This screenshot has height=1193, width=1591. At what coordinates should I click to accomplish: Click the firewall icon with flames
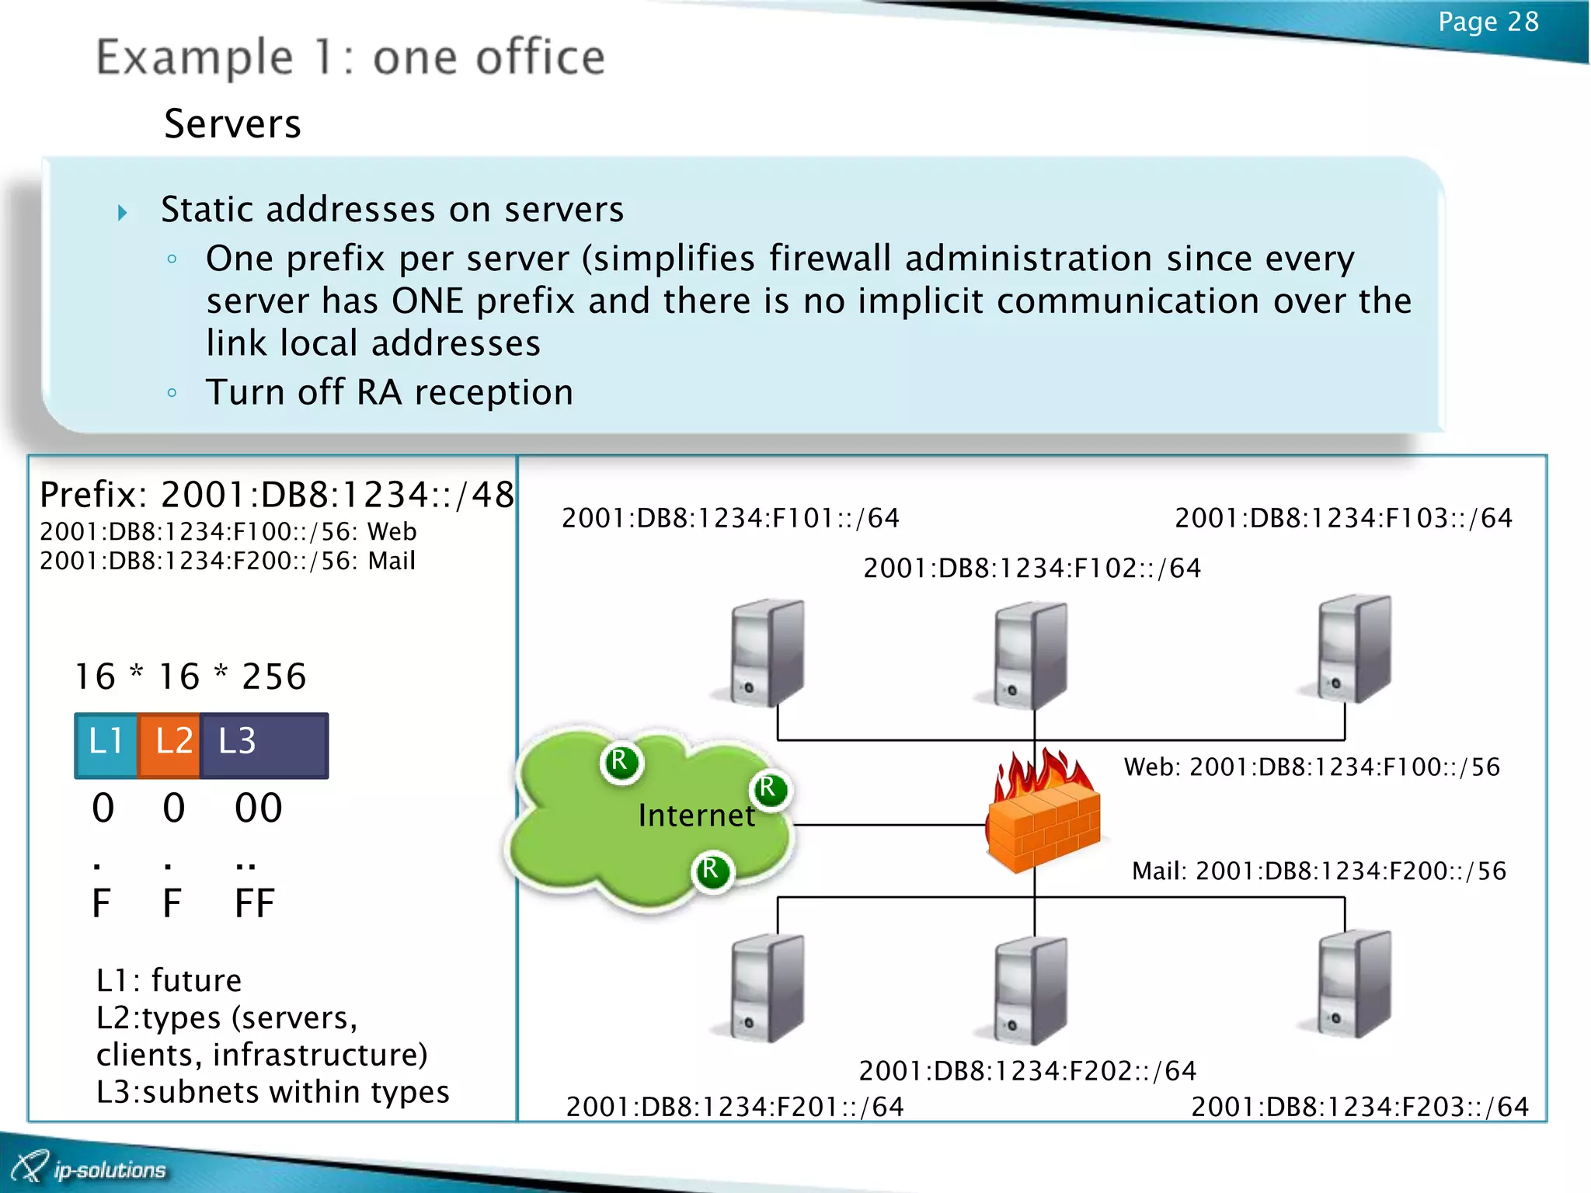pos(1043,816)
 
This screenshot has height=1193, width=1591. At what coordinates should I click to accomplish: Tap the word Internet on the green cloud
pos(696,816)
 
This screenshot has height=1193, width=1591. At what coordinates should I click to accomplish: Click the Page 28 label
pos(1488,23)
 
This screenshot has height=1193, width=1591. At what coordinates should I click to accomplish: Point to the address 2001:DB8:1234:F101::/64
pos(730,518)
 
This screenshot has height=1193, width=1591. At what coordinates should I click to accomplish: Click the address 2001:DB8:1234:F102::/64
pos(1032,569)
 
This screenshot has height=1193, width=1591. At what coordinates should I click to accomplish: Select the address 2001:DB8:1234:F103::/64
pos(1343,518)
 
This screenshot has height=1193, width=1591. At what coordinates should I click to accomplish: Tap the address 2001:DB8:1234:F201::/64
pos(735,1106)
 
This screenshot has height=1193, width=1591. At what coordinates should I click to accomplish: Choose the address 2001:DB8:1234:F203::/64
pos(1359,1106)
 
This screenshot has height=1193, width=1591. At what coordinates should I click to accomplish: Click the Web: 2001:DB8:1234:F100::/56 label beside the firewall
pos(1311,767)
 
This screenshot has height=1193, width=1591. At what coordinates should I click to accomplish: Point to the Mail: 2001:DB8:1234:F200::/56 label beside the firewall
pos(1318,871)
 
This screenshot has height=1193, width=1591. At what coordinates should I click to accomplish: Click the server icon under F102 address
pos(1029,654)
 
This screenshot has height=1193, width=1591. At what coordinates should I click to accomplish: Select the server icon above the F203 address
pos(1353,985)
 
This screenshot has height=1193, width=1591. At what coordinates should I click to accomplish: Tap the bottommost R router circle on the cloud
pos(712,871)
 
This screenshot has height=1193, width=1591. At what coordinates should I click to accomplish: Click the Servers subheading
pos(232,124)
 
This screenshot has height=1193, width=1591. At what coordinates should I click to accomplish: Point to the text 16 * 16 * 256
pos(190,676)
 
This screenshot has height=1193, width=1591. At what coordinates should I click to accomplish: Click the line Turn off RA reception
pos(389,392)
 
